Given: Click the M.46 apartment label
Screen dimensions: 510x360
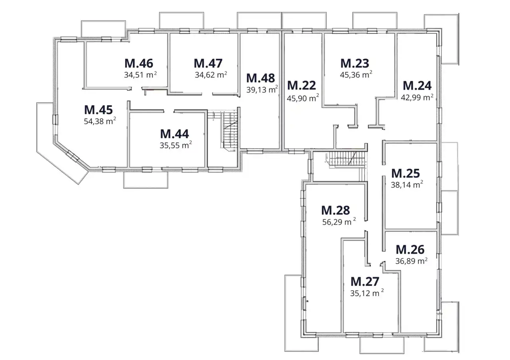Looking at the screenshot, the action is pyautogui.click(x=139, y=63).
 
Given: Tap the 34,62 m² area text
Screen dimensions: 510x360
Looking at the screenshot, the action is pyautogui.click(x=211, y=74).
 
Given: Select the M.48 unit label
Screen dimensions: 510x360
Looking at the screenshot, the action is pyautogui.click(x=261, y=78).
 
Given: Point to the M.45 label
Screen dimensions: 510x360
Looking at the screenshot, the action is pyautogui.click(x=98, y=110).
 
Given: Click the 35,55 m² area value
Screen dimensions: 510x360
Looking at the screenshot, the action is pyautogui.click(x=176, y=145).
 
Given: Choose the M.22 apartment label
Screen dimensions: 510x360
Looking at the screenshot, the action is pyautogui.click(x=302, y=85).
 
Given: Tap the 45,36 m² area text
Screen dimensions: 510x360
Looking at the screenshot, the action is pyautogui.click(x=356, y=74).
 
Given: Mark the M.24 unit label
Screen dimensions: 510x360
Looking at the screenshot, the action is pyautogui.click(x=417, y=86).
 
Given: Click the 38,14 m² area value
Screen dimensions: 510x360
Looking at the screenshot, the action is pyautogui.click(x=407, y=184).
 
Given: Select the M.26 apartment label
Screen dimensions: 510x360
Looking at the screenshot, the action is pyautogui.click(x=410, y=249).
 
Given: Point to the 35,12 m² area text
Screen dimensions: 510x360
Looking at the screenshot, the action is pyautogui.click(x=367, y=293).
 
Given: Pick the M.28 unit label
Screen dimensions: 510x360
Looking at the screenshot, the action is pyautogui.click(x=335, y=210).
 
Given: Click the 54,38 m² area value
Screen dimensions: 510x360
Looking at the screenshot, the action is pyautogui.click(x=100, y=121).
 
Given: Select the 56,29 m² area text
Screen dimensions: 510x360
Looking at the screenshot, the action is pyautogui.click(x=339, y=222).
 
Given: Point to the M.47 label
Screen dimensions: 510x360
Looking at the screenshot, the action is pyautogui.click(x=208, y=63).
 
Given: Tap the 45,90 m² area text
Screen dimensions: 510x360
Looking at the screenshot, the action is pyautogui.click(x=303, y=98).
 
